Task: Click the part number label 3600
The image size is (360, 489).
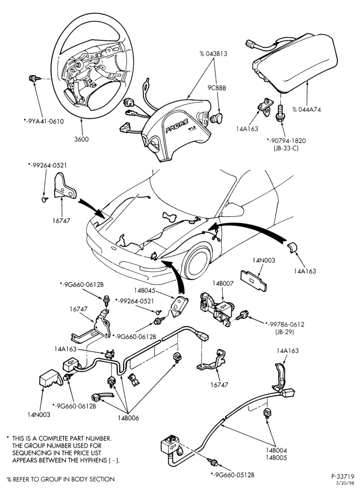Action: (81, 139)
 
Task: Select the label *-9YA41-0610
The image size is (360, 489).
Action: (44, 121)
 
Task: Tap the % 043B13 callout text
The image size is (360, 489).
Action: (213, 54)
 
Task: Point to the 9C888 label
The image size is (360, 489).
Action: (217, 88)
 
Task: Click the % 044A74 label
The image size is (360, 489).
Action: (306, 110)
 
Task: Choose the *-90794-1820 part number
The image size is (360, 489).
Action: (286, 141)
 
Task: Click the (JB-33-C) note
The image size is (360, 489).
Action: (284, 148)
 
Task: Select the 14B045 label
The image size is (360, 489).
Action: (145, 290)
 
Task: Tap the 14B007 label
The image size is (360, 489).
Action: (223, 283)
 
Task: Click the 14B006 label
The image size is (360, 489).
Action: (128, 418)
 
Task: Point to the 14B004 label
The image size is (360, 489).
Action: (276, 450)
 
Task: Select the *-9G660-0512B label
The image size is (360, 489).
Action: (232, 475)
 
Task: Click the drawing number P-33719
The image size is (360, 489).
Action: (342, 476)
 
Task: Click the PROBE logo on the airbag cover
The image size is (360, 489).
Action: (177, 126)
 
